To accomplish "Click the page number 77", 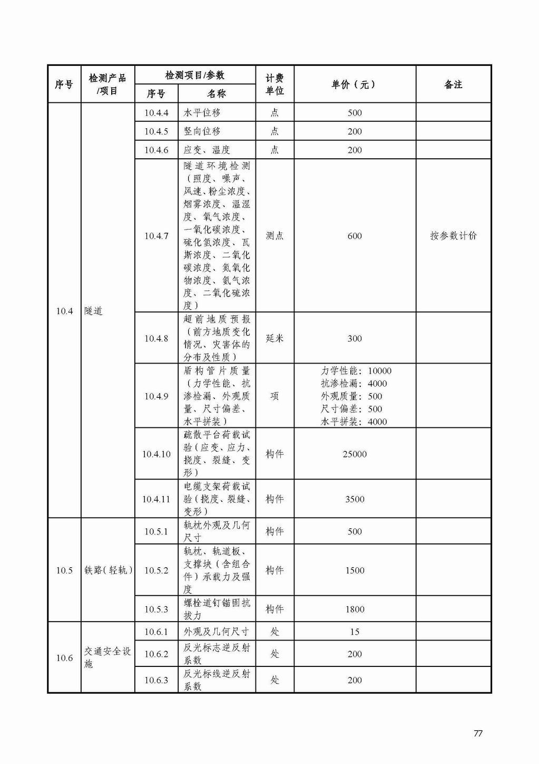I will point(478,733).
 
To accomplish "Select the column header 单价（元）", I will point(354,84).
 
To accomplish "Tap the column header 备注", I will point(453,84).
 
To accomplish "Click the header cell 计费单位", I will point(275,84).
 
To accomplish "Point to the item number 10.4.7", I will point(156,236).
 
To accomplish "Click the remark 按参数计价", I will point(453,236).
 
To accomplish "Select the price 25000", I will point(354,454).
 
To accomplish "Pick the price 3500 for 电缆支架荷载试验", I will point(354,499).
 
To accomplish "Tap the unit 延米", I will point(275,338).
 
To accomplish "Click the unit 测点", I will point(275,236).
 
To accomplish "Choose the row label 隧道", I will point(93,311).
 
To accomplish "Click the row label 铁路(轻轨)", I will point(108,570).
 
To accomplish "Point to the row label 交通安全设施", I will point(107,657).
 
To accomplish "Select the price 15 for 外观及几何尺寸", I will point(354,632).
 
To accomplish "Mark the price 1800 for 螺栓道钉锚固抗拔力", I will point(354,609).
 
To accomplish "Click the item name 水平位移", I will point(202,112).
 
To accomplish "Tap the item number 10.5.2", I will point(156,570).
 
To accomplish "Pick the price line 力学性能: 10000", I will point(356,371).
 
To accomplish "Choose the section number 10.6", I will point(64,658).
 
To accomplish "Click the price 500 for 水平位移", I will point(354,112).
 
